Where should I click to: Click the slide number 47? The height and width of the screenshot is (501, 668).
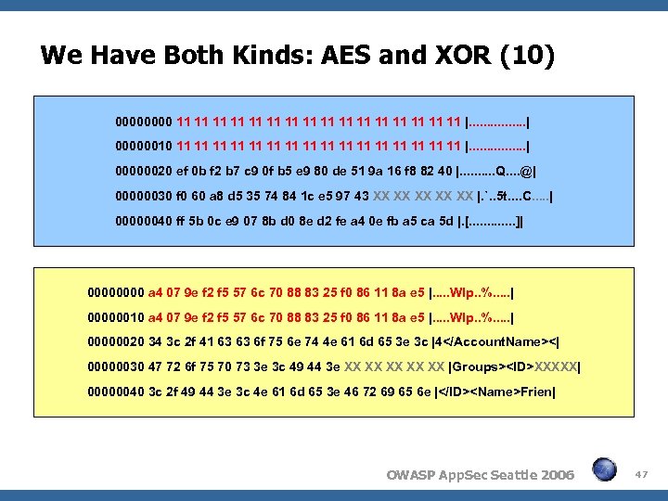641,474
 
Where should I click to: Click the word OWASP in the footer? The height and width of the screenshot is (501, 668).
413,475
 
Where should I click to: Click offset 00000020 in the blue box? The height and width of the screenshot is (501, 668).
144,172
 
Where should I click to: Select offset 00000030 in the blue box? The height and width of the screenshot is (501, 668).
144,197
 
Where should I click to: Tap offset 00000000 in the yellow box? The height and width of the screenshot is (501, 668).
116,291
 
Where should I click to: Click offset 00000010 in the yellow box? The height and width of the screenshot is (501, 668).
116,316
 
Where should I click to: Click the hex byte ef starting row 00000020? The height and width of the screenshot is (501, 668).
183,172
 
